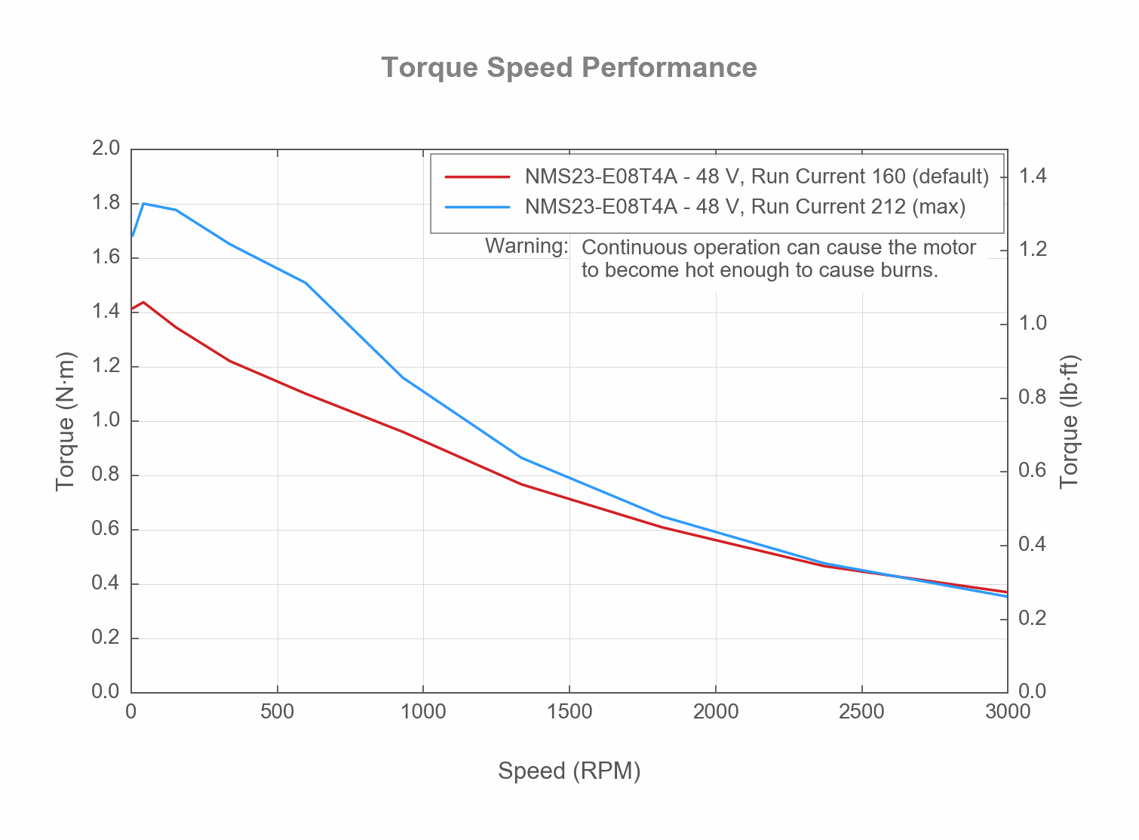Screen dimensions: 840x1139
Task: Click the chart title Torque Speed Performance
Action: click(569, 67)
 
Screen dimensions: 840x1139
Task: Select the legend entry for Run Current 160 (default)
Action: click(757, 177)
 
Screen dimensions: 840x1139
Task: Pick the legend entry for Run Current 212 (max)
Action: click(745, 207)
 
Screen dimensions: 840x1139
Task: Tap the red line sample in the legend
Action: click(477, 177)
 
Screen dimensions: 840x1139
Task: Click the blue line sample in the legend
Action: click(477, 207)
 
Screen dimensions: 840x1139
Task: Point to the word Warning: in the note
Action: click(526, 246)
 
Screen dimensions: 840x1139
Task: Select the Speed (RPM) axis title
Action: click(569, 771)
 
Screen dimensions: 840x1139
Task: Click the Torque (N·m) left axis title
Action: click(66, 421)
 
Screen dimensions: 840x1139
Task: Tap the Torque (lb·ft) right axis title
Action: click(1070, 421)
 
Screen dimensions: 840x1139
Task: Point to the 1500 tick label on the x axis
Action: click(569, 712)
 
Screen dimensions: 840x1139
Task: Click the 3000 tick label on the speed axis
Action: click(1007, 712)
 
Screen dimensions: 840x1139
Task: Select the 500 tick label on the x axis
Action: click(277, 712)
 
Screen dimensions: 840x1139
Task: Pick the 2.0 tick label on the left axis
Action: click(106, 148)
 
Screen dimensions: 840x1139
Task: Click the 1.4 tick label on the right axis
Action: click(1033, 177)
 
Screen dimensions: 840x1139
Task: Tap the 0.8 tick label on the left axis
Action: click(106, 475)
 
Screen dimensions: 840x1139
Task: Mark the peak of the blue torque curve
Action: click(143, 203)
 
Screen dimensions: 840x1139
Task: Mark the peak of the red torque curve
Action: click(143, 302)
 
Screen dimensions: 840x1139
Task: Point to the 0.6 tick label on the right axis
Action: click(1033, 471)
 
